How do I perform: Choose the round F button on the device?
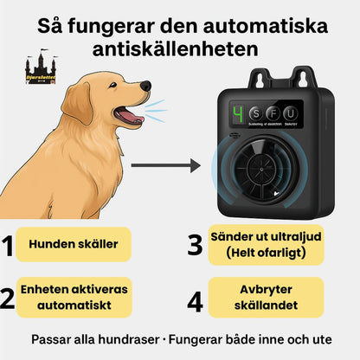pos(274,113)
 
